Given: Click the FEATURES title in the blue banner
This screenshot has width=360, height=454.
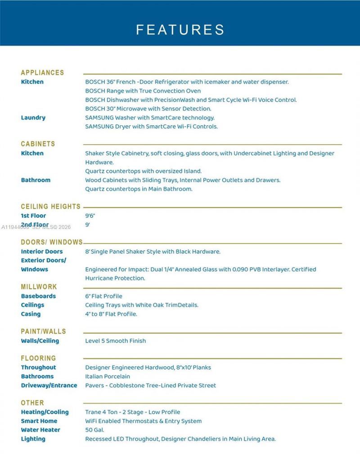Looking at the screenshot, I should pyautogui.click(x=180, y=30).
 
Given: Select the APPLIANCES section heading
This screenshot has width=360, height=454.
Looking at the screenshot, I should pyautogui.click(x=42, y=73).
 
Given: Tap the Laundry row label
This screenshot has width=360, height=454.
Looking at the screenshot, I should pyautogui.click(x=33, y=118).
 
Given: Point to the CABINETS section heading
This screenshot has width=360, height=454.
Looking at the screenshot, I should pyautogui.click(x=38, y=144).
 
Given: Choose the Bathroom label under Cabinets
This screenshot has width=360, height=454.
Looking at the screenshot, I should pyautogui.click(x=36, y=180).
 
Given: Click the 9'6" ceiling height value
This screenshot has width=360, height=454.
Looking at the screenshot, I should pyautogui.click(x=90, y=216).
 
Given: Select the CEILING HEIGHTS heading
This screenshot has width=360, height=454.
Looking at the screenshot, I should pyautogui.click(x=50, y=207).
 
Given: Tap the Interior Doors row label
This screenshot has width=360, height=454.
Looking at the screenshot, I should pyautogui.click(x=42, y=251).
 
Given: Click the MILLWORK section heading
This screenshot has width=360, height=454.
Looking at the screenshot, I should pyautogui.click(x=39, y=287).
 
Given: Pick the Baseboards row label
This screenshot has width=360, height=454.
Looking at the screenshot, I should pyautogui.click(x=38, y=296).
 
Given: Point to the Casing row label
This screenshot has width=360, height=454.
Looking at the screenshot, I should pyautogui.click(x=31, y=314).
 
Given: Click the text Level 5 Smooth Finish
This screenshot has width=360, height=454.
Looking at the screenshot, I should pyautogui.click(x=115, y=341).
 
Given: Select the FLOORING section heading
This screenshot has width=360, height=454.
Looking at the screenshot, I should pyautogui.click(x=38, y=359).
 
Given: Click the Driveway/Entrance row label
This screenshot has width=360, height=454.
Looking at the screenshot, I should pyautogui.click(x=49, y=386).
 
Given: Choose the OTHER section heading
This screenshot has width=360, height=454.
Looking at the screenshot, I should pyautogui.click(x=32, y=403).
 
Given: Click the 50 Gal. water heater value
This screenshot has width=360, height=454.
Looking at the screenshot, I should pyautogui.click(x=94, y=430).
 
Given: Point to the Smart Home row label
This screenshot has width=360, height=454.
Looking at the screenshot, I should pyautogui.click(x=39, y=421).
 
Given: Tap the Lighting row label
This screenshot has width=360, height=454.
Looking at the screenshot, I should pyautogui.click(x=33, y=439).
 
